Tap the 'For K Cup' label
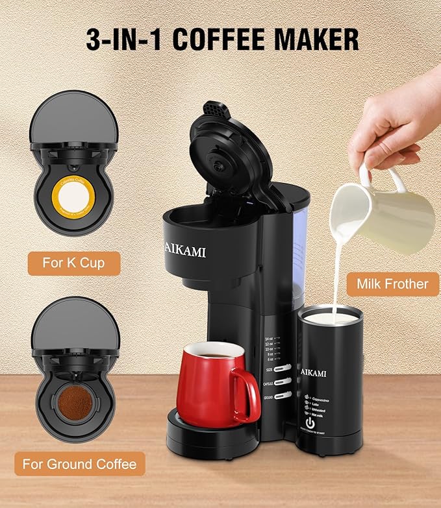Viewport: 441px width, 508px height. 73,263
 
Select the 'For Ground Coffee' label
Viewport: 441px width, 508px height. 79,464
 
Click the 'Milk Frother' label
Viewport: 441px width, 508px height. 392,284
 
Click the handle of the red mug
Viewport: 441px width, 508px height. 246,393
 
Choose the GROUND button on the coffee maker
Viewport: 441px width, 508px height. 283,395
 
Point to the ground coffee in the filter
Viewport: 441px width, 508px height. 74,402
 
